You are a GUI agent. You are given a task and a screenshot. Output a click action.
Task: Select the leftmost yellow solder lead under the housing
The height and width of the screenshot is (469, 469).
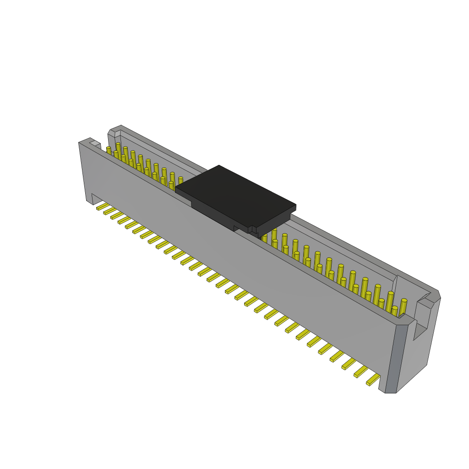[103, 207]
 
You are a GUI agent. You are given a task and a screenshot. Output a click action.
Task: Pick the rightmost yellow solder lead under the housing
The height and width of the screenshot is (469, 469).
[373, 380]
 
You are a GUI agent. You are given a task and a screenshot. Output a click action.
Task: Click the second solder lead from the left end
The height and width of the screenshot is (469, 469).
[110, 211]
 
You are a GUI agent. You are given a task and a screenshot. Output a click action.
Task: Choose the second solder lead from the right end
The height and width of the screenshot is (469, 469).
[361, 371]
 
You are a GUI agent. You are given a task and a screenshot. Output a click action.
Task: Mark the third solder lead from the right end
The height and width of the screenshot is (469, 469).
[349, 364]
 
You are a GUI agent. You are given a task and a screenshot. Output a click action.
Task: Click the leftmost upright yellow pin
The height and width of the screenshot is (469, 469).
[109, 151]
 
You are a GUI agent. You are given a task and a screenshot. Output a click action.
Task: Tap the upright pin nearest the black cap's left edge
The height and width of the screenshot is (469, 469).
[180, 181]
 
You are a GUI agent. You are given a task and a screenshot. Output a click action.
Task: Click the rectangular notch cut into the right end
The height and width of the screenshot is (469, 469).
[422, 321]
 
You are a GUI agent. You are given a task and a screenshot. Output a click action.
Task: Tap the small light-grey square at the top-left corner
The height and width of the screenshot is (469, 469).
[95, 144]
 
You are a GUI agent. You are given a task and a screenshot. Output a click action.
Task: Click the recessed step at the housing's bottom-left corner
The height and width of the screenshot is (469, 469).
[97, 199]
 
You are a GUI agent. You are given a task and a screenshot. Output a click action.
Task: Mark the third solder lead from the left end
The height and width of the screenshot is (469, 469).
[117, 215]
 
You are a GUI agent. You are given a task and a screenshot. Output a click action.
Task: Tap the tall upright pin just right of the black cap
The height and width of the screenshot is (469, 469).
[274, 235]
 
